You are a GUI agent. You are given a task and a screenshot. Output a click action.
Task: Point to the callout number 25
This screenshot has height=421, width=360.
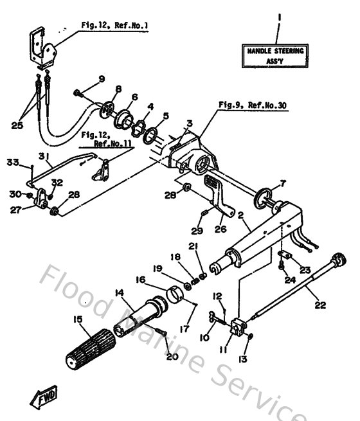coord(18,125)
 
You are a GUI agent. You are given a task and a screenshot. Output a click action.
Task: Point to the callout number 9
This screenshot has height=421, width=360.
coord(102,78)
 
